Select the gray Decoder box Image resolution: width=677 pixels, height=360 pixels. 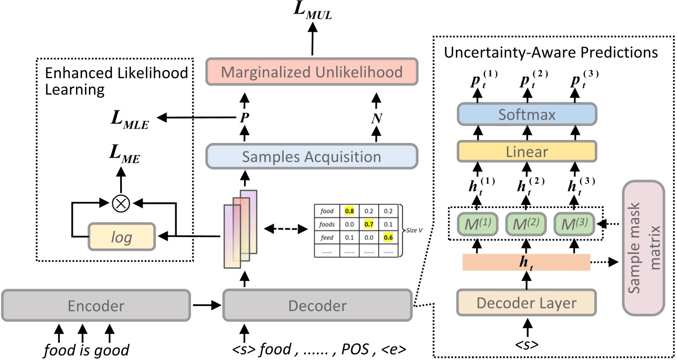tap(317, 306)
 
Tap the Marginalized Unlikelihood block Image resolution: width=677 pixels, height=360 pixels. tap(312, 71)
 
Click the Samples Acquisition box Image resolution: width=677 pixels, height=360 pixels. tap(312, 156)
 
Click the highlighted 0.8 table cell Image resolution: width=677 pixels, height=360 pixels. tap(350, 211)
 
